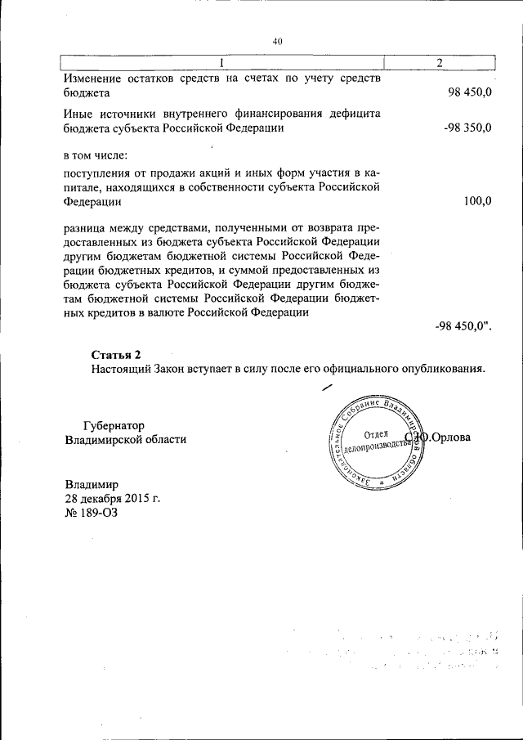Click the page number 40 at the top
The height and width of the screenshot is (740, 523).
(278, 43)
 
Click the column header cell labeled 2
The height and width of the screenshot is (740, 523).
(440, 64)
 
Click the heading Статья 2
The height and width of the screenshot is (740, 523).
(116, 354)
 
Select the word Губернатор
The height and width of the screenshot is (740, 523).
(114, 425)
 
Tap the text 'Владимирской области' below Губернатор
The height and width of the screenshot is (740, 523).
(125, 439)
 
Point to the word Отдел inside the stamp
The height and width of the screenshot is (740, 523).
(373, 433)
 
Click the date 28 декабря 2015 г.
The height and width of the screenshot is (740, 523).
(113, 498)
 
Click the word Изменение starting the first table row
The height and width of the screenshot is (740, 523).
(92, 79)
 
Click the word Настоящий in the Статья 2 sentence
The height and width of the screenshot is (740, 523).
(123, 369)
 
